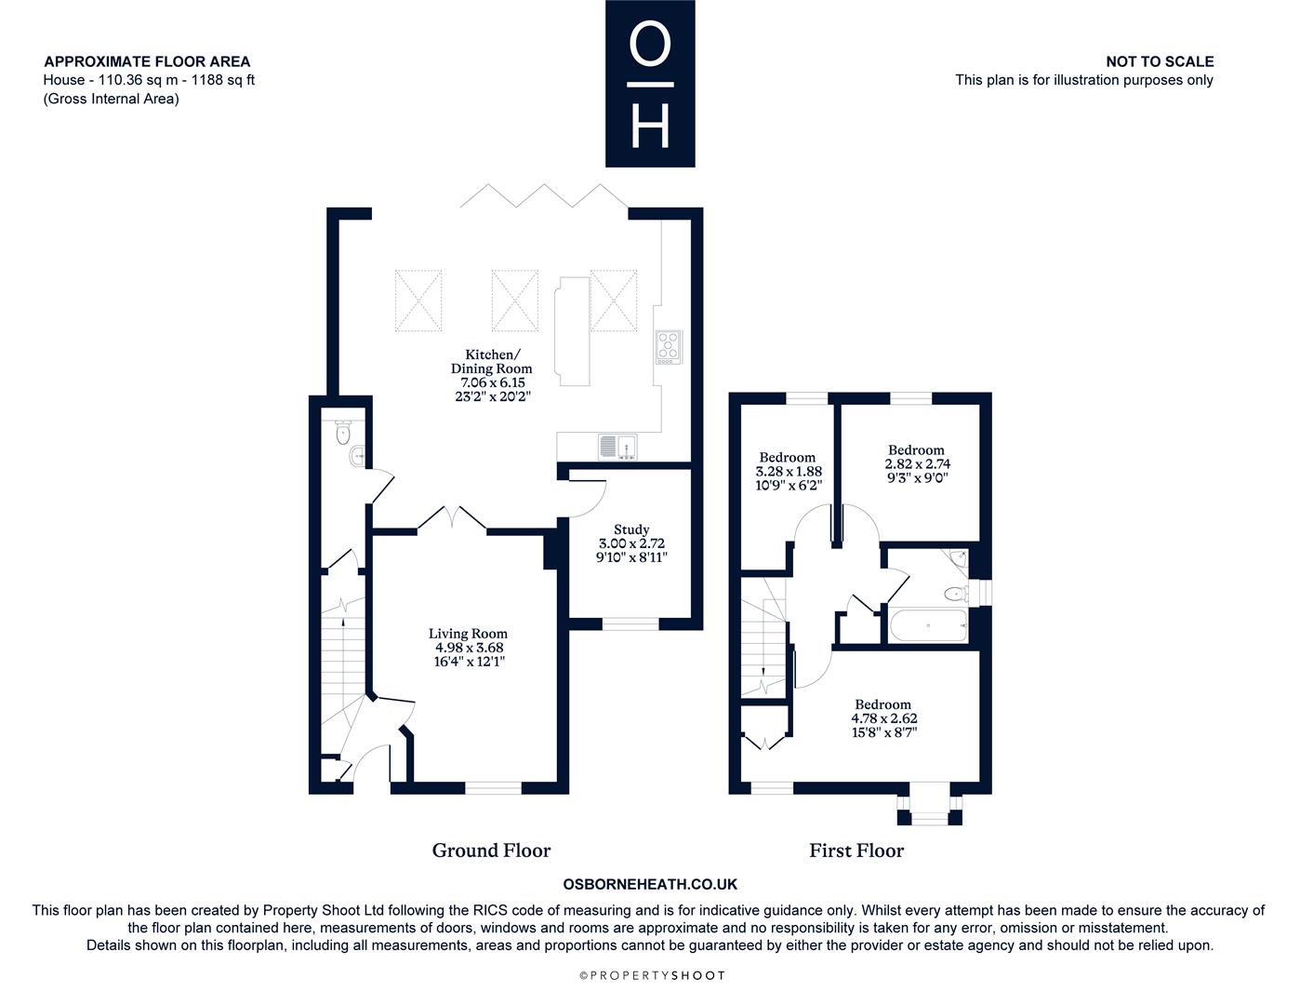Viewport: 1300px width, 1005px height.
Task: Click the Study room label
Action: pyautogui.click(x=631, y=529)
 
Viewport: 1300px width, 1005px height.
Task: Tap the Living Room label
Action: pyautogui.click(x=468, y=634)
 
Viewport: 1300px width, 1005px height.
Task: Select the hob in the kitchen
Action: pyautogui.click(x=669, y=347)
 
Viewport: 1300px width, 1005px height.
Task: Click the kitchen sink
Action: pyautogui.click(x=617, y=448)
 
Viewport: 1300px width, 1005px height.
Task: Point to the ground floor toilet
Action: pyautogui.click(x=343, y=432)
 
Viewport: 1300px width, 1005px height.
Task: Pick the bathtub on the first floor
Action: pyautogui.click(x=928, y=625)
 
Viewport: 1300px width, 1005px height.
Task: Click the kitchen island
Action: pyautogui.click(x=572, y=331)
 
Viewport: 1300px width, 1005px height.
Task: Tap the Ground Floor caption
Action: pyautogui.click(x=491, y=851)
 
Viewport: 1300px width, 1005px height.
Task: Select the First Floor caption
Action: pyautogui.click(x=856, y=851)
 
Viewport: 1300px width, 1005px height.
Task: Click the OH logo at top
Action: pyautogui.click(x=650, y=83)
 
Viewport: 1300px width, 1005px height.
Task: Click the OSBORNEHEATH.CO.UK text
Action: pyautogui.click(x=650, y=884)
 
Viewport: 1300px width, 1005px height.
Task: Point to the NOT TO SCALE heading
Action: pyautogui.click(x=1160, y=61)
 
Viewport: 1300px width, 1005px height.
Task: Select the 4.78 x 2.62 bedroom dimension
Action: pyautogui.click(x=883, y=718)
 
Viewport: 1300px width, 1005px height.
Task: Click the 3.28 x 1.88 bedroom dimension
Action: pyautogui.click(x=789, y=471)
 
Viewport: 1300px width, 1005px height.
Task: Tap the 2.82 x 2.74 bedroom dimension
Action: pyautogui.click(x=917, y=463)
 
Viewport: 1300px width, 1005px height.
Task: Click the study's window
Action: pyautogui.click(x=630, y=623)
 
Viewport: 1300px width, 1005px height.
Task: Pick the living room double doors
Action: pyautogui.click(x=452, y=518)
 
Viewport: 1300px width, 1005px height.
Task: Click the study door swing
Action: pyautogui.click(x=586, y=498)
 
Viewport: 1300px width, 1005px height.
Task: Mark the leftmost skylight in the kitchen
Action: pyautogui.click(x=418, y=301)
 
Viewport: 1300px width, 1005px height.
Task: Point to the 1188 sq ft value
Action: pyautogui.click(x=223, y=80)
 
